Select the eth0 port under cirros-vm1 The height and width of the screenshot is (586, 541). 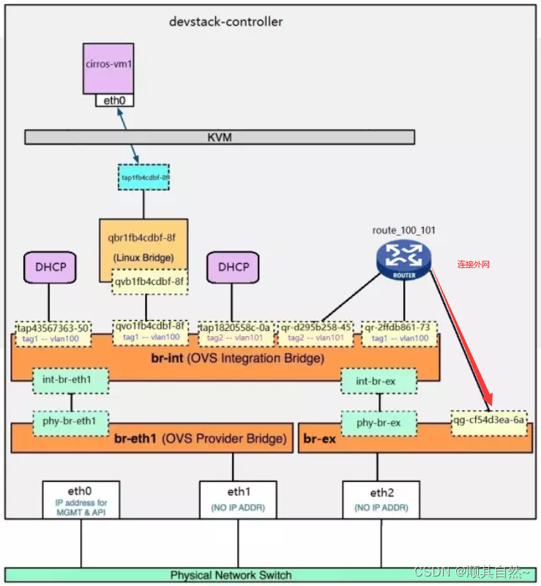tap(114, 100)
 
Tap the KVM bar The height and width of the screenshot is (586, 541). tap(220, 137)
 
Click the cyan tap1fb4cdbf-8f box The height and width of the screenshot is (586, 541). tap(143, 177)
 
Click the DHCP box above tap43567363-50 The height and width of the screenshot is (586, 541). tap(50, 267)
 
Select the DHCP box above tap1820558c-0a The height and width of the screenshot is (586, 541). tap(233, 267)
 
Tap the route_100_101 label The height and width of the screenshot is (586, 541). tap(403, 230)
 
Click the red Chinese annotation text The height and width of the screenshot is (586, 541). tap(473, 264)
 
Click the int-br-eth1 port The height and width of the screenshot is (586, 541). tap(71, 381)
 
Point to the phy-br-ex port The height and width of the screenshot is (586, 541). tap(378, 423)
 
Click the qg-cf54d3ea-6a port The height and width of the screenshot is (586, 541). tap(489, 423)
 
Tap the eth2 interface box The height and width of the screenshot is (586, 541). tap(381, 499)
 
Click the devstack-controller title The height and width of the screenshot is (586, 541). tap(225, 21)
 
